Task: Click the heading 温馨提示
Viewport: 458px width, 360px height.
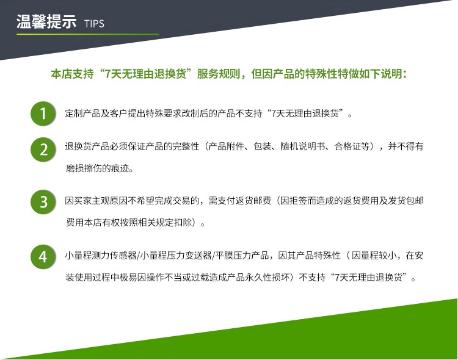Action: (46, 21)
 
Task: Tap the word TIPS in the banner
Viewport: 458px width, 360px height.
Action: (94, 24)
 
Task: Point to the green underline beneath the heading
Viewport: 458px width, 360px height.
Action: (87, 34)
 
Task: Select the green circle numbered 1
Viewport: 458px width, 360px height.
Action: (43, 113)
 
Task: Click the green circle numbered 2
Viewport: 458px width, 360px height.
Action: (43, 149)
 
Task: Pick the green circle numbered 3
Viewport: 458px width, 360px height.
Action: (43, 202)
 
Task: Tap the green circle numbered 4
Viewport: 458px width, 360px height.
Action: (43, 257)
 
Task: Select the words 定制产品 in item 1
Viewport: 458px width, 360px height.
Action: (83, 113)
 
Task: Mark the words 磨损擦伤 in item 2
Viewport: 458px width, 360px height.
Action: (84, 168)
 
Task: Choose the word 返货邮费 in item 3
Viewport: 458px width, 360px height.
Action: (253, 201)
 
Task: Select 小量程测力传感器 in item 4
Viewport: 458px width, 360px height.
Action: (101, 256)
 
